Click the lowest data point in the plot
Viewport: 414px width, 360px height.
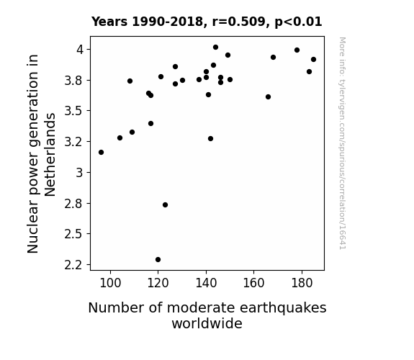(x=158, y=260)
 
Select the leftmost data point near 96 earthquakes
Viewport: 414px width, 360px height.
(x=101, y=153)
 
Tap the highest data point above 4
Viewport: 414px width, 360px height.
(x=215, y=48)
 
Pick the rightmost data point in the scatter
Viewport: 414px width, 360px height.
(x=313, y=60)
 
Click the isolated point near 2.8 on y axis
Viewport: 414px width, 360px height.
(x=165, y=205)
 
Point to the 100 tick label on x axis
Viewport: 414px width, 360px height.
(x=110, y=283)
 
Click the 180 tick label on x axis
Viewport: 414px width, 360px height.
(x=302, y=283)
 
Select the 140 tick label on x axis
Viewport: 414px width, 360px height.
(x=206, y=283)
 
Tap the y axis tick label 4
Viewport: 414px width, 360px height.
(x=80, y=50)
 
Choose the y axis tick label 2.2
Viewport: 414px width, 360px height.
(x=74, y=265)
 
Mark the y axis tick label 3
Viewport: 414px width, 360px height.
(x=80, y=173)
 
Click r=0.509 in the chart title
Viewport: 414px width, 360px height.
(x=238, y=22)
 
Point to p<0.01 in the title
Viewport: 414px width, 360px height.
(x=298, y=22)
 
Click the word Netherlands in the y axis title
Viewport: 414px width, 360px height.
(x=50, y=155)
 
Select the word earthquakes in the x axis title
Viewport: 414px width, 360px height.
(x=283, y=308)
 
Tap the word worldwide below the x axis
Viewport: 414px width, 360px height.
(x=207, y=323)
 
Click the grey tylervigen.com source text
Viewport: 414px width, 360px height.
(x=343, y=143)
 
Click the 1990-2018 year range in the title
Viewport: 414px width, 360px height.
(x=168, y=22)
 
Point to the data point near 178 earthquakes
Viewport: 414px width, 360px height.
(x=297, y=50)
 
